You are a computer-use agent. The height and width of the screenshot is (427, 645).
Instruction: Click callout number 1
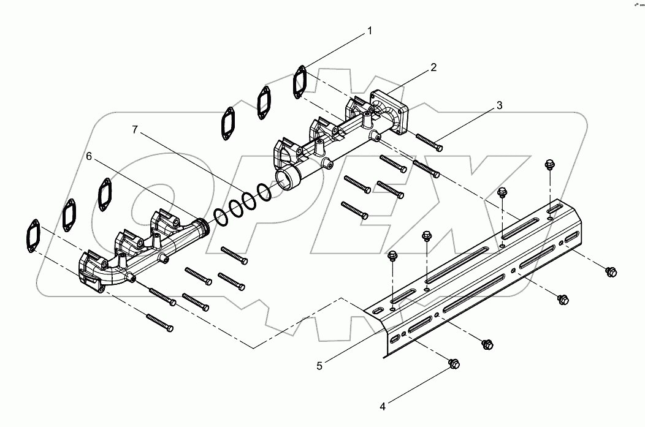(x=370, y=30)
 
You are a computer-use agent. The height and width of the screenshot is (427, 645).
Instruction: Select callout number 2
(x=433, y=67)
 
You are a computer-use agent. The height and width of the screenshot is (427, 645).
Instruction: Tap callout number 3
(x=499, y=105)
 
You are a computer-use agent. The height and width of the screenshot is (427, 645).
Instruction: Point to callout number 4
(x=382, y=405)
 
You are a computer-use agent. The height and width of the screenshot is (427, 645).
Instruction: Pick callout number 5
(x=319, y=366)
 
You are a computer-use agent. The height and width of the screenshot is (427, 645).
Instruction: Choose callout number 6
(x=89, y=157)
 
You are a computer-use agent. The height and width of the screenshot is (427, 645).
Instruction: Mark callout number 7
(x=136, y=129)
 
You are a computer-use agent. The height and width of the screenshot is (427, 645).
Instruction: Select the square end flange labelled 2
(x=389, y=111)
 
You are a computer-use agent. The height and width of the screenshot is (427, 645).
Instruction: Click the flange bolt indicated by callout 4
(x=453, y=364)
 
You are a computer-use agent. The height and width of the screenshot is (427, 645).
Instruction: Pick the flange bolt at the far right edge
(x=610, y=271)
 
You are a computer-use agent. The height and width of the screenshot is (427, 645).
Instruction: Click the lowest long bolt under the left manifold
(x=160, y=322)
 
